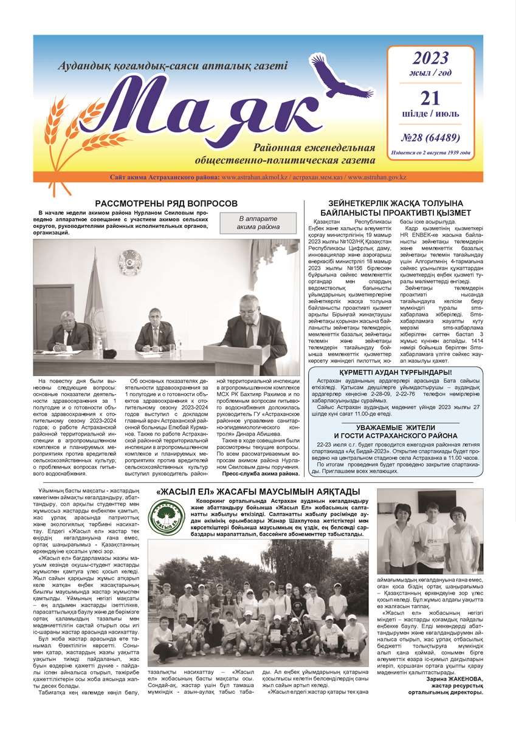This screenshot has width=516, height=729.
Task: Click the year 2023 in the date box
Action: pos(430,58)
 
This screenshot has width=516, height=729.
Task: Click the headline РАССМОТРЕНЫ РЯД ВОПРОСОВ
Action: pos(166,204)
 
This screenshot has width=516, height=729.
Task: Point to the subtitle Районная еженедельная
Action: pos(322,149)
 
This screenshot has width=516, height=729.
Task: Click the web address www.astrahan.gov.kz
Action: pos(376,177)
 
